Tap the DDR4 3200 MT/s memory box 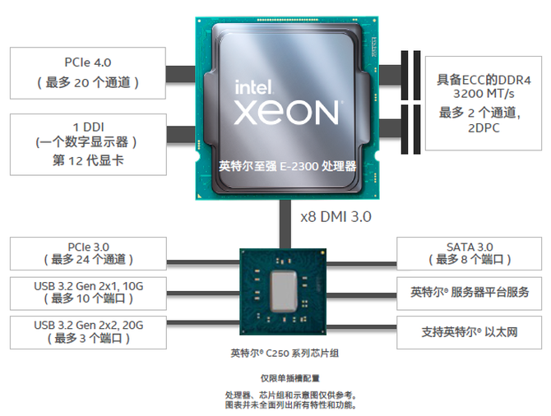click(484, 103)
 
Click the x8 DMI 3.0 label click(336, 217)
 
